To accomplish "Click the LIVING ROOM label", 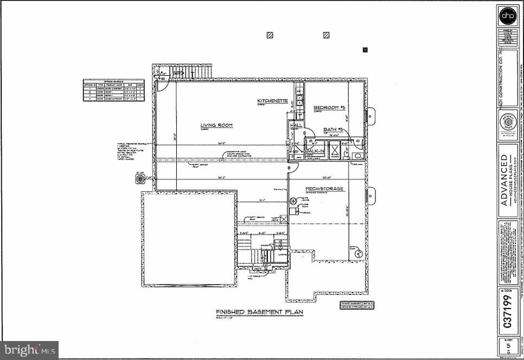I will pos(216,125).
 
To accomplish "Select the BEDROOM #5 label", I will pos(329,108).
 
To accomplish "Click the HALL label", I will pos(296,125).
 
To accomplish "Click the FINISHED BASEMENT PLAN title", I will pos(259,312).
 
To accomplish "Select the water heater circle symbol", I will pos(293,201).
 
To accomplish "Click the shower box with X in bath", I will pos(335,151).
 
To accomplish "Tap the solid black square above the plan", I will pos(365,50).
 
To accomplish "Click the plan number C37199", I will pos(508,312).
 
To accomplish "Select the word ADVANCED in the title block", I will pos(504,178).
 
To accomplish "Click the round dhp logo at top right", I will pos(508,17).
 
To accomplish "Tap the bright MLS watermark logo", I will pos(29,350).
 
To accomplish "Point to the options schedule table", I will pos(113,89).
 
